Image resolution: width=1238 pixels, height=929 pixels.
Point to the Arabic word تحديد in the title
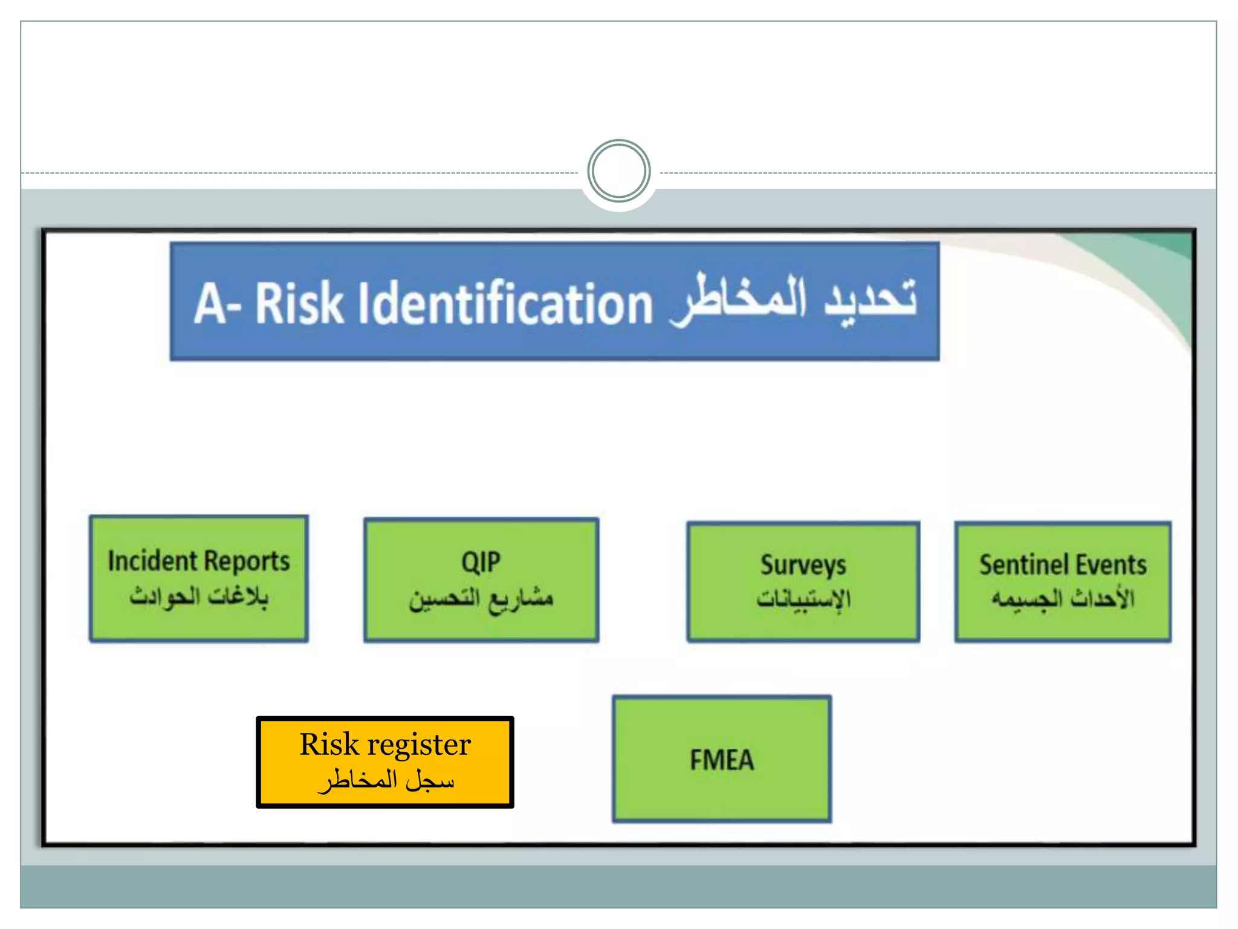[870, 299]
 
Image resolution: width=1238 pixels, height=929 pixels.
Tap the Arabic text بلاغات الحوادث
[198, 596]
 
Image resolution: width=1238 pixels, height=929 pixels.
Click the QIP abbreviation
[481, 562]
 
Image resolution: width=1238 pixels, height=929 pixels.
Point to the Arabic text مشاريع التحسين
[481, 599]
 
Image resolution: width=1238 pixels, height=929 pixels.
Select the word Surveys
[803, 566]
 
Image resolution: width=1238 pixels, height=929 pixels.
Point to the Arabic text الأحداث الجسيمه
[1062, 599]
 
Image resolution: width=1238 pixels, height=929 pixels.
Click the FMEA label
[722, 760]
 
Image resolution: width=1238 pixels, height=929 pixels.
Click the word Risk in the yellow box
[329, 744]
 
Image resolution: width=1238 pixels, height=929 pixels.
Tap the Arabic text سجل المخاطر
[385, 781]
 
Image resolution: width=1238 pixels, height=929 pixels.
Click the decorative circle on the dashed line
[618, 172]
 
